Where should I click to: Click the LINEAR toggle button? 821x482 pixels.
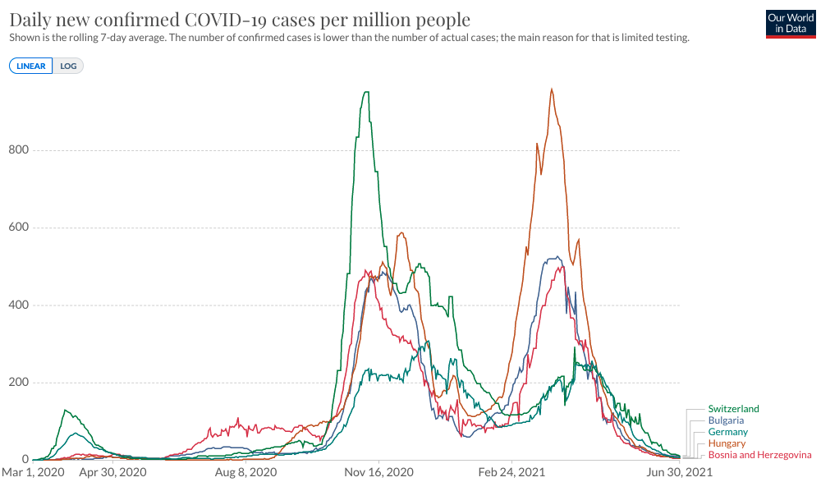point(31,66)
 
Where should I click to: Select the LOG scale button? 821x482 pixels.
point(68,66)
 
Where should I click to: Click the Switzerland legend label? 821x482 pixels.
point(733,409)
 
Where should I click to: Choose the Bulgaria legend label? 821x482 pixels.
point(726,420)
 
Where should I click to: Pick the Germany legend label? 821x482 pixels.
point(727,432)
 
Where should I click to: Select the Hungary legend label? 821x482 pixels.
point(727,443)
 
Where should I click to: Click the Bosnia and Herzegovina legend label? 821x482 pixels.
point(759,455)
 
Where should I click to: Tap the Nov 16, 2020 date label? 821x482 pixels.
point(378,473)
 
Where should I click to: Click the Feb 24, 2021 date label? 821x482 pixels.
point(512,473)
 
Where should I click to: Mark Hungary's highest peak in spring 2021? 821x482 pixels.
point(552,90)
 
